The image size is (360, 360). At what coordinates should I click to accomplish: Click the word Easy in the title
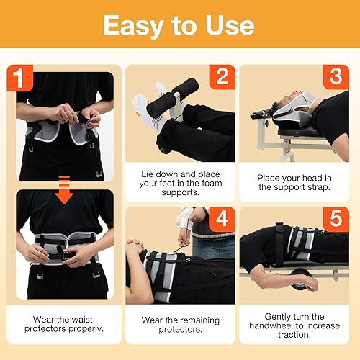click(x=137, y=25)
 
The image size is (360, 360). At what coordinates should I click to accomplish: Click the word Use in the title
click(x=228, y=25)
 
